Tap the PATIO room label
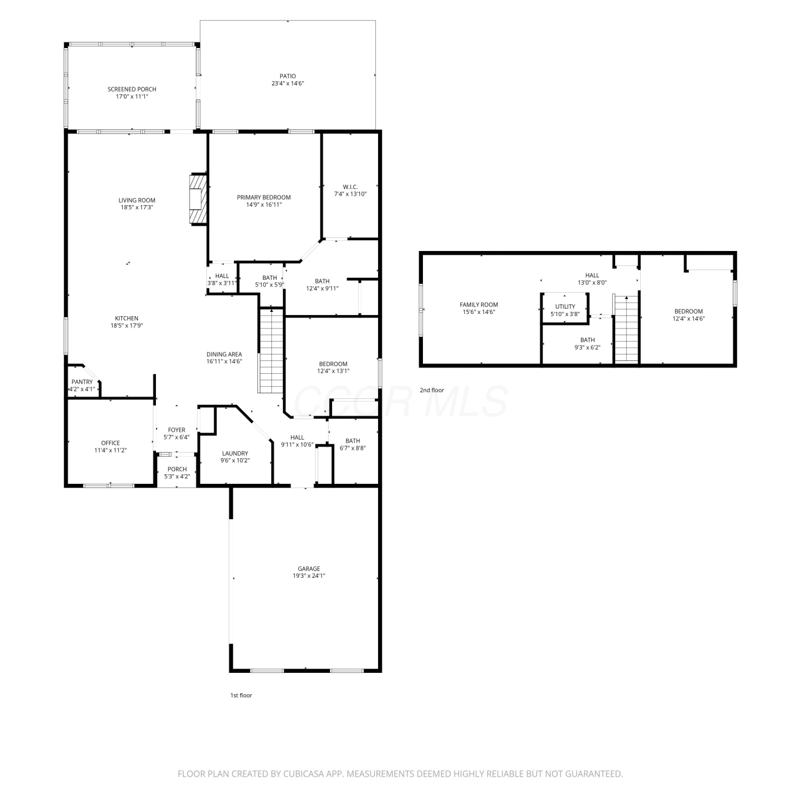287,76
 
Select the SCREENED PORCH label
132,89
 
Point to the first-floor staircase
271,350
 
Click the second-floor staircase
627,327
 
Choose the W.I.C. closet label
350,187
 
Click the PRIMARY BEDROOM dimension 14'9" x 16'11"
264,205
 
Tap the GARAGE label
309,569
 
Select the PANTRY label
82,382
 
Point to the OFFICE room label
111,443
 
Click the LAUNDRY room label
235,453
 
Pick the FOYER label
177,430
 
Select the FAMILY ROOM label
479,305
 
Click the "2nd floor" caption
431,390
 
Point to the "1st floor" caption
241,695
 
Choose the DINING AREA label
224,354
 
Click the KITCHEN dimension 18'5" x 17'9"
127,326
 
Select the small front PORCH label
177,469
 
